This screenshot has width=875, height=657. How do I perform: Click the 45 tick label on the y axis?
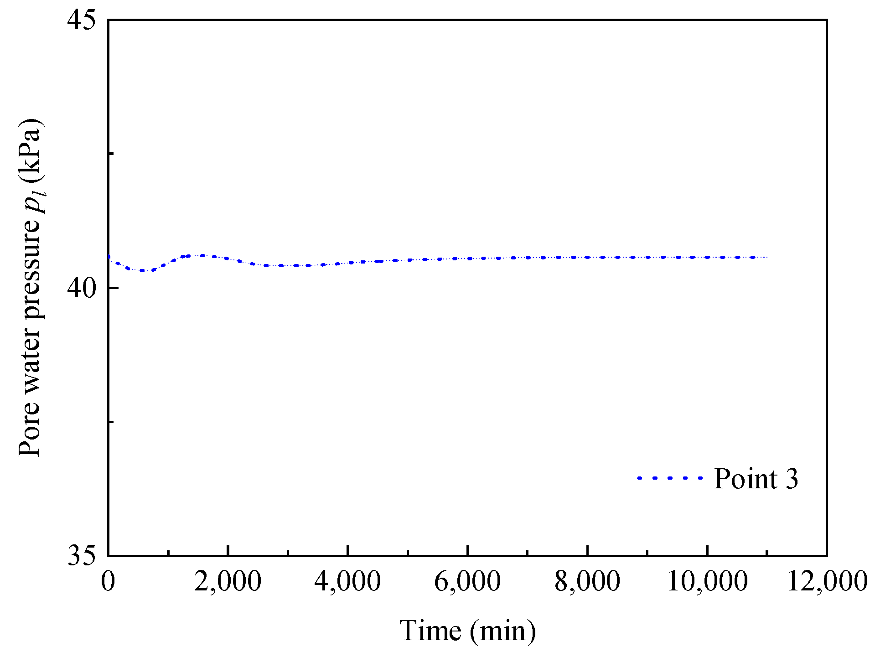click(82, 20)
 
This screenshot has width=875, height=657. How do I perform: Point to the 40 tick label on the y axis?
click(82, 288)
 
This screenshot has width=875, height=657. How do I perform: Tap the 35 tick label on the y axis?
click(82, 556)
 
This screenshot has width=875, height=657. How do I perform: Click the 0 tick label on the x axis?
click(108, 582)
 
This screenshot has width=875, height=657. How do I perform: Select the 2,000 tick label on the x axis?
click(228, 582)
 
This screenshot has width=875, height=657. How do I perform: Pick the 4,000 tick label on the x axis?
click(347, 582)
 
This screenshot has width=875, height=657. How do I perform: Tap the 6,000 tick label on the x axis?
click(467, 582)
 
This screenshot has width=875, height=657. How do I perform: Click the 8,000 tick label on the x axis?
click(587, 582)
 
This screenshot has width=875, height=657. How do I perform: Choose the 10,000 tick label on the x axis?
click(707, 582)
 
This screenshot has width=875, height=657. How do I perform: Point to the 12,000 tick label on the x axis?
click(827, 582)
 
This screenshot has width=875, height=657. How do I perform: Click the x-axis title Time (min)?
click(467, 631)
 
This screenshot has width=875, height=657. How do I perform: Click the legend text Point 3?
click(756, 479)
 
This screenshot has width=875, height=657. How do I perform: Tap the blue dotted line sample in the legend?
click(670, 478)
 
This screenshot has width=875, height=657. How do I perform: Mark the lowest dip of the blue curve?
click(143, 270)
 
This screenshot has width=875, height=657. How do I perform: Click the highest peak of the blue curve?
click(202, 255)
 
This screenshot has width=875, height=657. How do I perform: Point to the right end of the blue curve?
click(767, 257)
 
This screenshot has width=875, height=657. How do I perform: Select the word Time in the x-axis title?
click(430, 631)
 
